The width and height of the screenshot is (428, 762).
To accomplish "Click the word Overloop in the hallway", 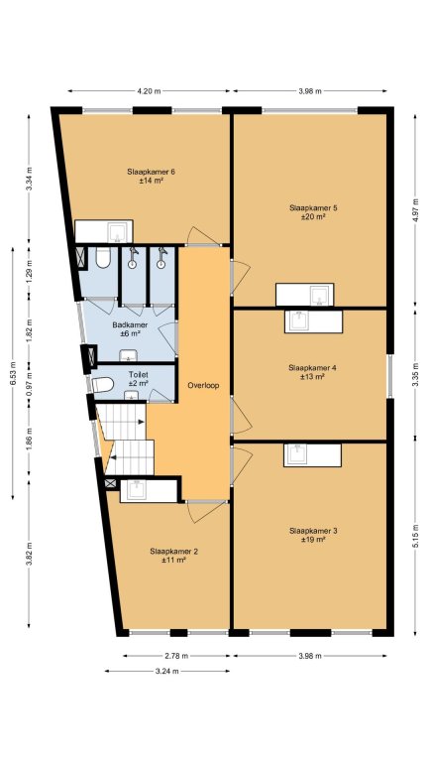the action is click(203, 385).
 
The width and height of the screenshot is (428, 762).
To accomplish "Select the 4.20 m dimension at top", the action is click(149, 91).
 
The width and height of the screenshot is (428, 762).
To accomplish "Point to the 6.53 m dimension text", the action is click(13, 373).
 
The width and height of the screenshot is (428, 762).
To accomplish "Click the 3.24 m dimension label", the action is click(166, 671).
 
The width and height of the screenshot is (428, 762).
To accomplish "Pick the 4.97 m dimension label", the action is click(415, 209).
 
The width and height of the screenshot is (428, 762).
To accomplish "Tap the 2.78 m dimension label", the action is click(175, 656).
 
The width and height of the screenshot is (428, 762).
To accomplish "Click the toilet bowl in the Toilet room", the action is click(102, 385).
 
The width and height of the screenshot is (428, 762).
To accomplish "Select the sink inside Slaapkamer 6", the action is click(118, 232).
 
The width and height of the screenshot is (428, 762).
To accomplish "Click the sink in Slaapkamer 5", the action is click(320, 295).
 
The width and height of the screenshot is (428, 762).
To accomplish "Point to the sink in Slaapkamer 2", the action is click(138, 490).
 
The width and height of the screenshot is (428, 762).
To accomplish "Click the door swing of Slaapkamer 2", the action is click(207, 513).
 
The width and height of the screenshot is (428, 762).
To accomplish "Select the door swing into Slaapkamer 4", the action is click(242, 416).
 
